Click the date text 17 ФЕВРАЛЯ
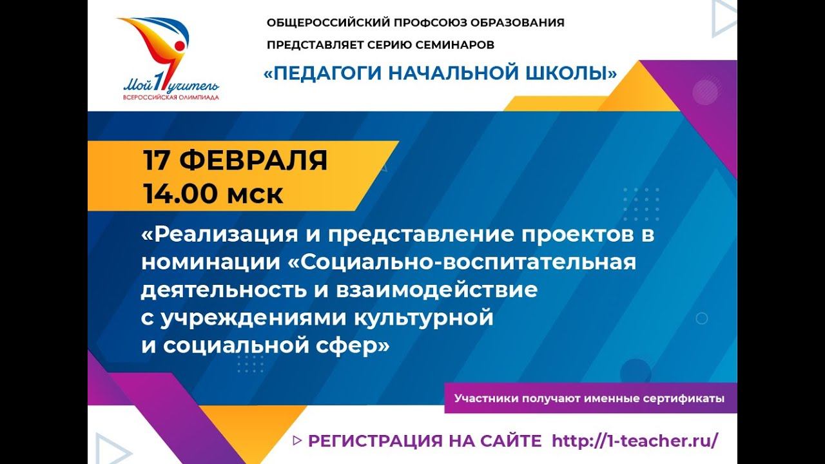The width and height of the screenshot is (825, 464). pos(235,160)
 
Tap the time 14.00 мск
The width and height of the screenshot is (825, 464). pos(213,193)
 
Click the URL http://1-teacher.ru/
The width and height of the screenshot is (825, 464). pos(635,441)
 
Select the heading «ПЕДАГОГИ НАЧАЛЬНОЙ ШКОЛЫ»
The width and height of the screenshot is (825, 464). pos(440,73)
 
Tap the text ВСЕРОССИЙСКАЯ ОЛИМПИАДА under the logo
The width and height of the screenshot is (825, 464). pos(171,97)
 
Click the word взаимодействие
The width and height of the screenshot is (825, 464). pos(436,290)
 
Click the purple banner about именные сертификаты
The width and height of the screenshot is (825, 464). pos(589,398)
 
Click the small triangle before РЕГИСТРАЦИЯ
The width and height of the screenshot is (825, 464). pos(297,440)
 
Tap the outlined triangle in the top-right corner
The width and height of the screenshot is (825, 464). pos(723,17)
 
